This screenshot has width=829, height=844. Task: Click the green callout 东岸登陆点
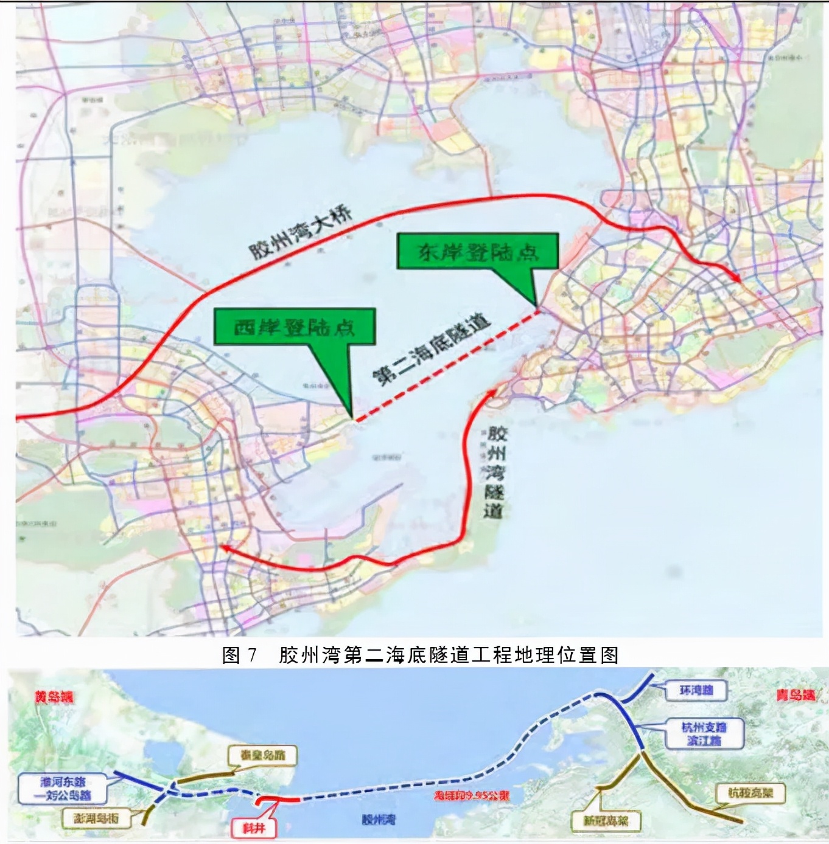[x=478, y=251]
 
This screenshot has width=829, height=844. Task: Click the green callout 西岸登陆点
[x=295, y=327]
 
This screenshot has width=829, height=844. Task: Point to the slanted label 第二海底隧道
[x=431, y=350]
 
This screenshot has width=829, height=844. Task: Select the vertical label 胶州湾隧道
[x=495, y=472]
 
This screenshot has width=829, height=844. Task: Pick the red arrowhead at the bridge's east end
[x=736, y=277]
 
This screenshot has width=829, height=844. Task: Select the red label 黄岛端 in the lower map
[x=54, y=697]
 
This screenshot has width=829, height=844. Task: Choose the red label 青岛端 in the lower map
[x=795, y=694]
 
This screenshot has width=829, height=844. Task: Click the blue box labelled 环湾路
[x=696, y=691]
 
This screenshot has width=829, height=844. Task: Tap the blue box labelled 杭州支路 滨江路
[x=704, y=733]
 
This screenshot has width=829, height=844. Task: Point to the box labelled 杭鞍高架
[x=750, y=793]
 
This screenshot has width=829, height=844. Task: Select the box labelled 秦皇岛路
[x=262, y=755]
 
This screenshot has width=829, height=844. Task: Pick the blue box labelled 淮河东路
[x=63, y=788]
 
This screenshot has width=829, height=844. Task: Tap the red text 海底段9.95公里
[x=471, y=795]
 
